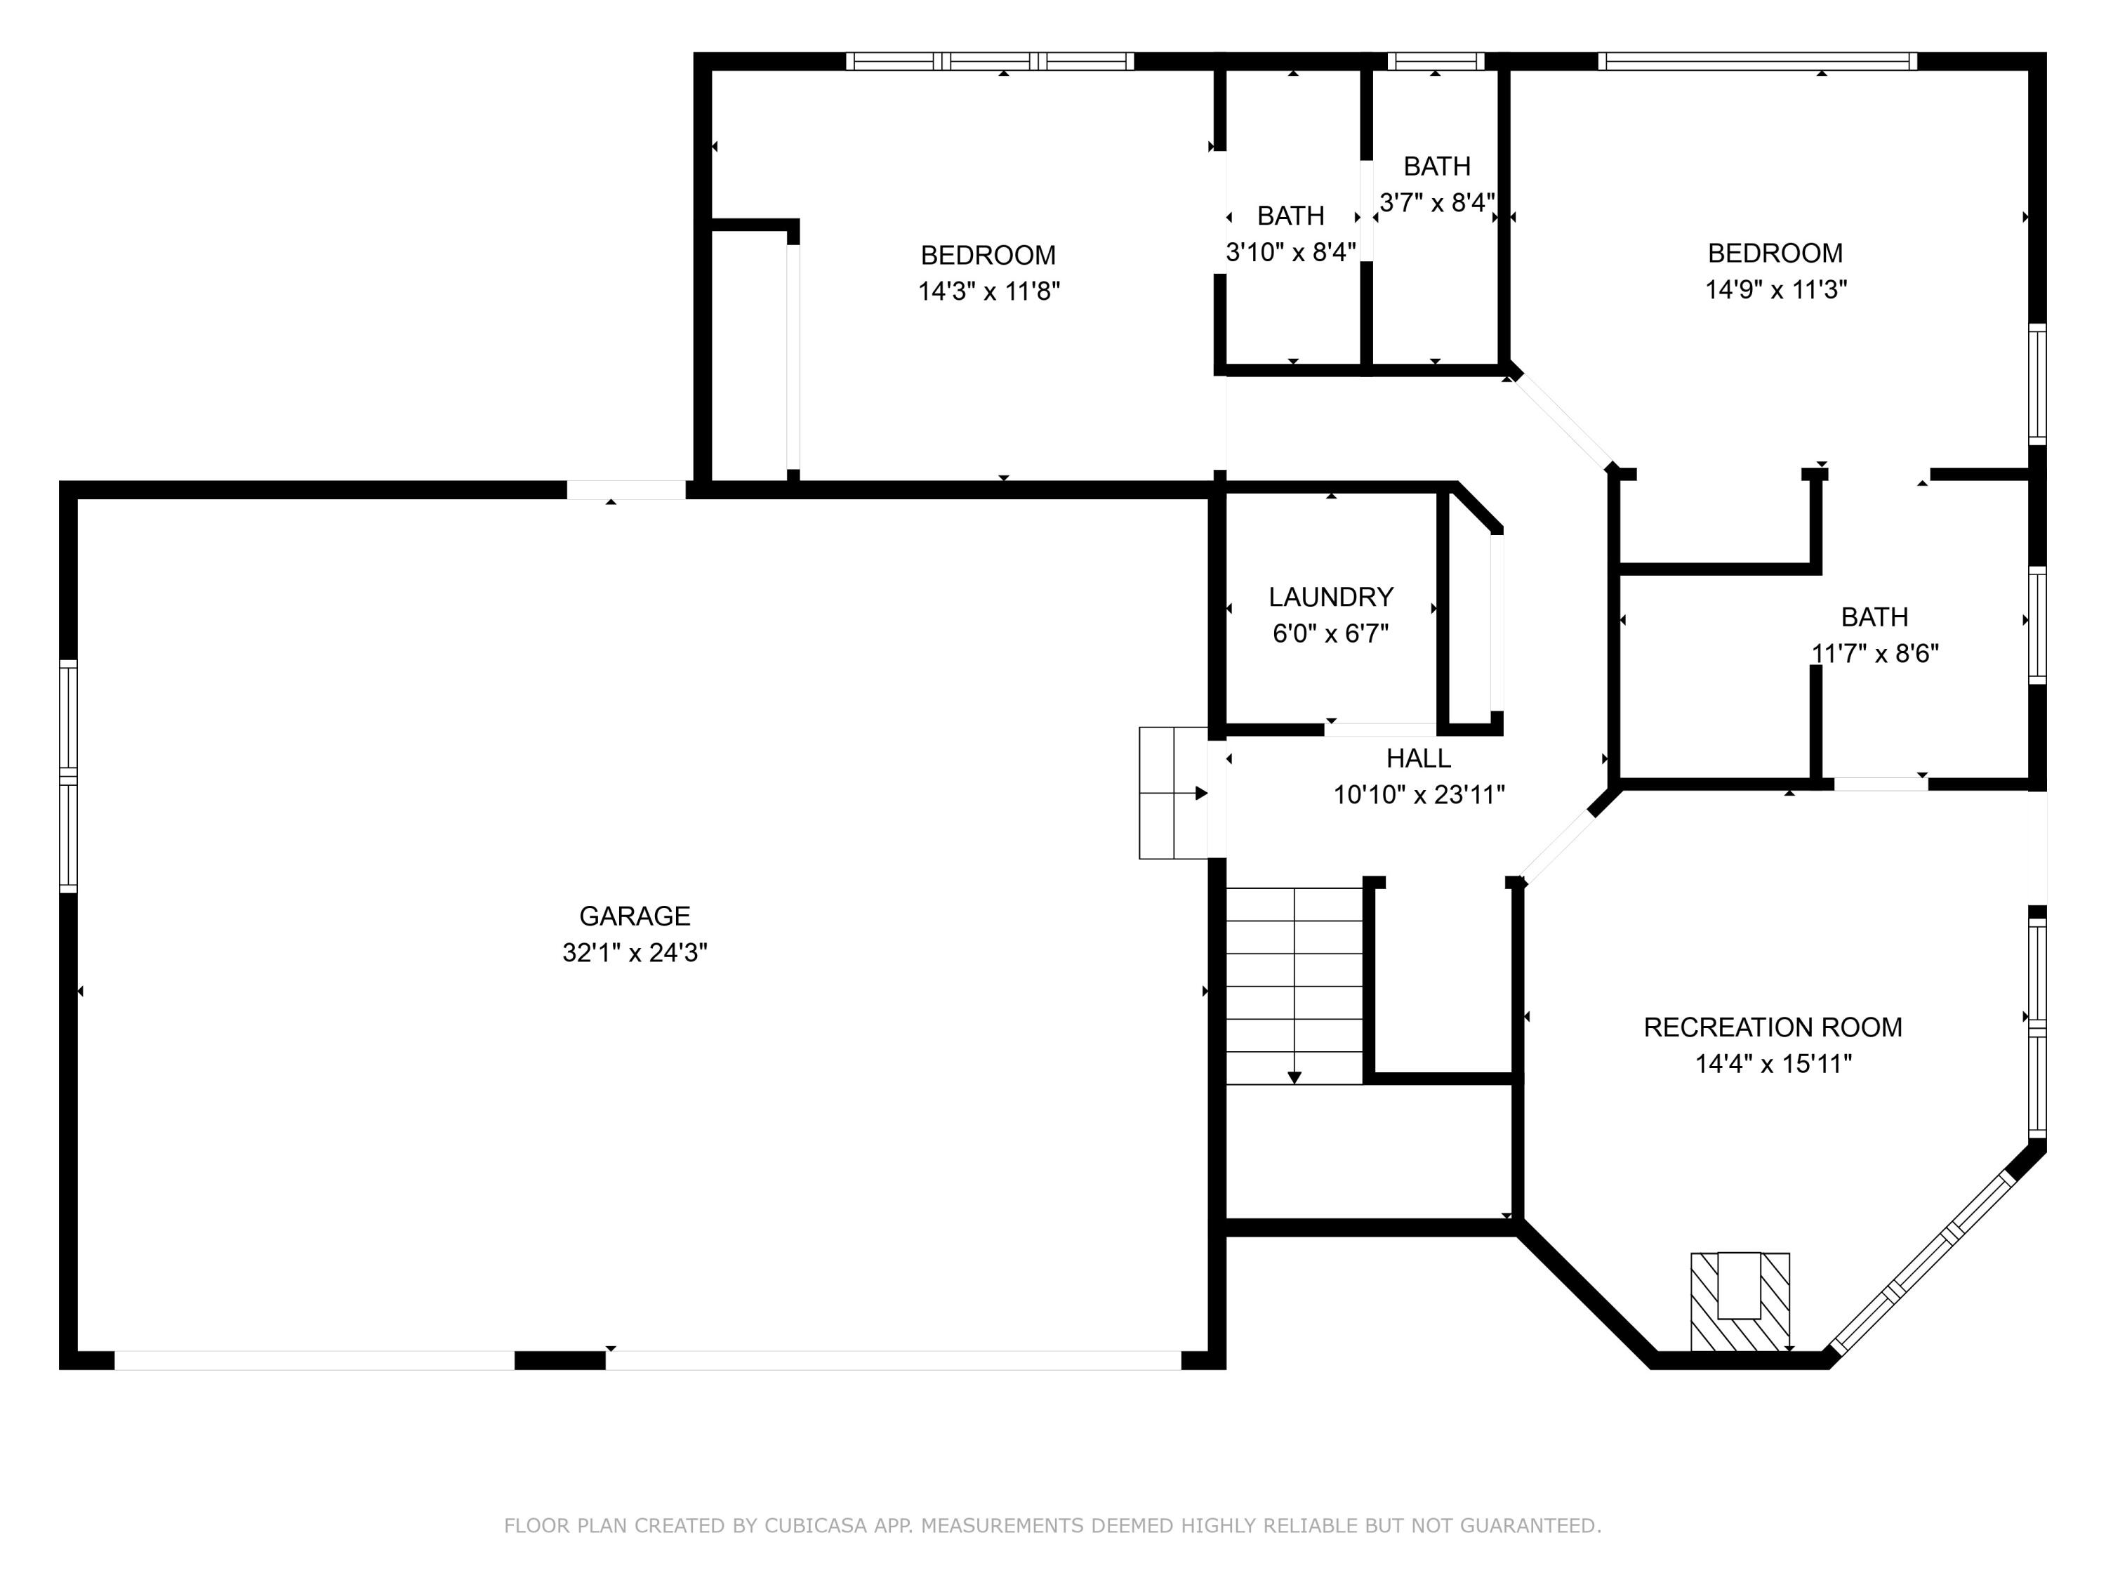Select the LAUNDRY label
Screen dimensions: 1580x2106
[x=1330, y=597]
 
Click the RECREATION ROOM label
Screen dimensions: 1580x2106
[x=1772, y=1027]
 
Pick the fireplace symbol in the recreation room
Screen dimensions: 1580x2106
[x=1740, y=1301]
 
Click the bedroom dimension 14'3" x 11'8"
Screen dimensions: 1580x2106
[x=988, y=291]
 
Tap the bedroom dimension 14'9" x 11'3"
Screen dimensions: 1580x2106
[x=1775, y=289]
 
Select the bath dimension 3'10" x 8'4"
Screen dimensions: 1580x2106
[x=1290, y=252]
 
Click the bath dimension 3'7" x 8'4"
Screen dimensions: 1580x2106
[x=1437, y=203]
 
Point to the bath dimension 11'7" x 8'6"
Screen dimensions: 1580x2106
[x=1874, y=653]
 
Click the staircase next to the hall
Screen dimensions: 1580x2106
[x=1294, y=986]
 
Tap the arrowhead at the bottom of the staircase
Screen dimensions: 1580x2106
[x=1294, y=1077]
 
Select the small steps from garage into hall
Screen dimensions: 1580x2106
[x=1173, y=792]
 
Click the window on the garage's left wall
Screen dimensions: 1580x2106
[x=67, y=776]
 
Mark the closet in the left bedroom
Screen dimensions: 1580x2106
[x=750, y=353]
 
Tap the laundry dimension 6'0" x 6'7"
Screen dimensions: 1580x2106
[x=1330, y=633]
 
